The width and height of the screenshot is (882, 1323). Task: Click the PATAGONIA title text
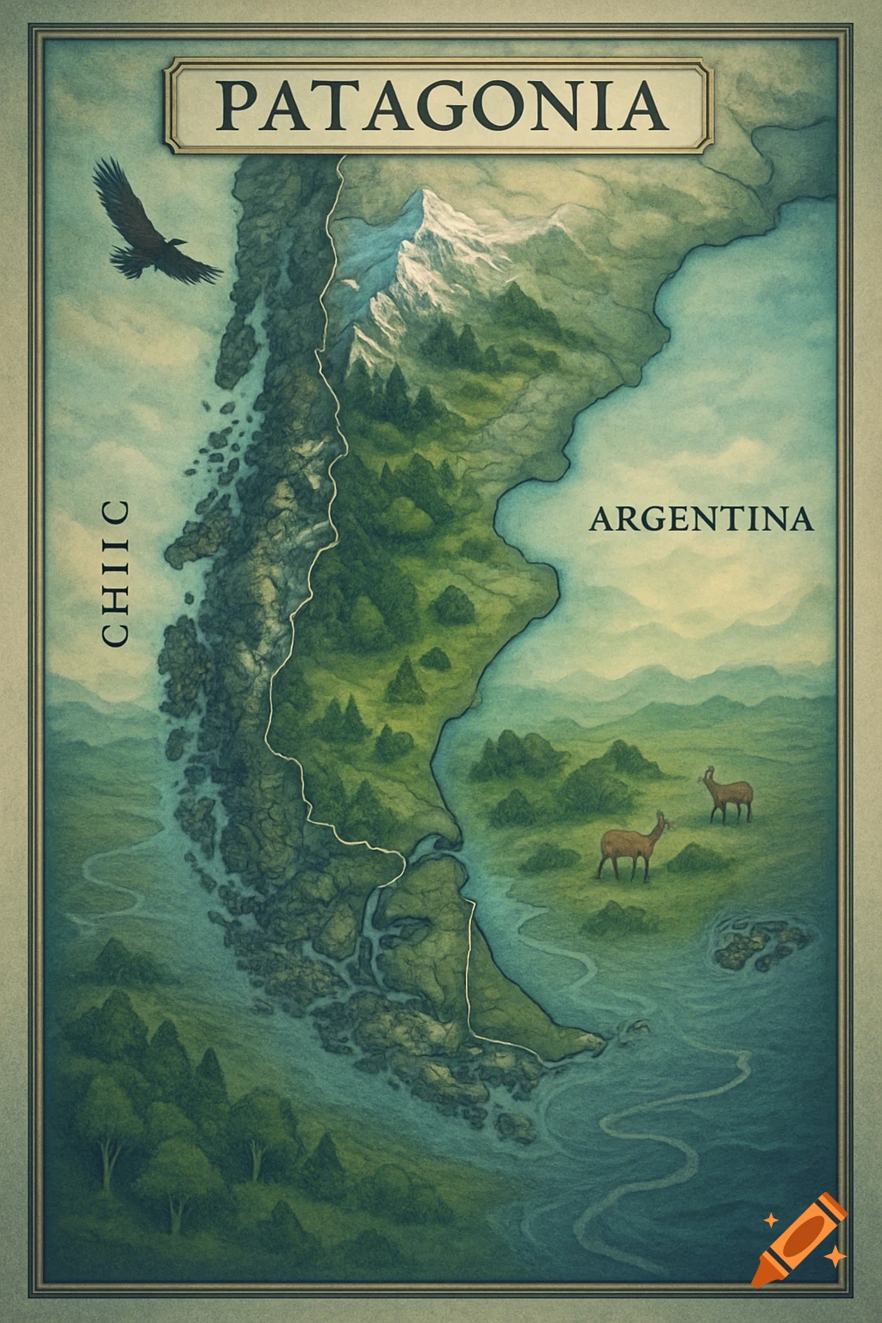tap(441, 105)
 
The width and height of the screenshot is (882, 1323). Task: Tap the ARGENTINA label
tap(701, 519)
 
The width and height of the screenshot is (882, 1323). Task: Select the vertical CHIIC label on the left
tap(115, 573)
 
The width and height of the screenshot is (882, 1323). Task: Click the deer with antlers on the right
tap(729, 794)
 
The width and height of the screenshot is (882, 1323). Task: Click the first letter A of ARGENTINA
tap(603, 520)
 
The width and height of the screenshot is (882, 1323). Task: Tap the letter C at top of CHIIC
tap(115, 512)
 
